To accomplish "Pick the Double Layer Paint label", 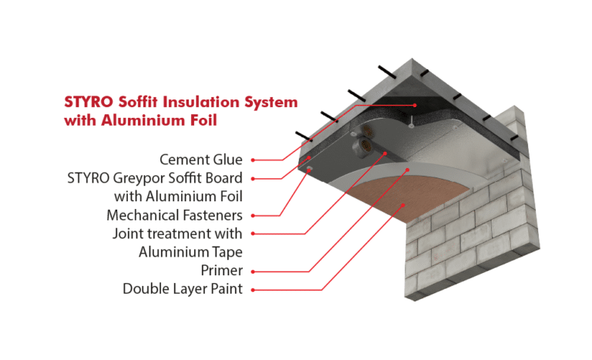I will click(183, 289).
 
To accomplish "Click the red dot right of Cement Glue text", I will click(254, 160).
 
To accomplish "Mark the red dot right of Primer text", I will click(254, 271).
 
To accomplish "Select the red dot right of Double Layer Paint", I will click(254, 290).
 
